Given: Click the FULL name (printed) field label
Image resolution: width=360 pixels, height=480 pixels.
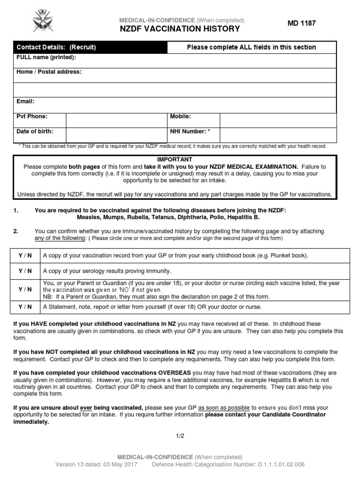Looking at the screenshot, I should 46,58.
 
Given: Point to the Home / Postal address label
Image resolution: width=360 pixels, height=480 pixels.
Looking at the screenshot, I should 49,72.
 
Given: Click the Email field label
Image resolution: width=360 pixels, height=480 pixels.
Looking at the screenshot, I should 25,101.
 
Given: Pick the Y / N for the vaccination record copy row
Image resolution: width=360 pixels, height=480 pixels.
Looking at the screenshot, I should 25,256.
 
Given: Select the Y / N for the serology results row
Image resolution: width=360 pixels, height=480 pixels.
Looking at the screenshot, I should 25,271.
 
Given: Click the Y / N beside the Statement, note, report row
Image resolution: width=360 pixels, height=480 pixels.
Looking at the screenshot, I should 25,307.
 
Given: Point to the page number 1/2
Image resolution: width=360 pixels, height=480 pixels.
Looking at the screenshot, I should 180,435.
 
